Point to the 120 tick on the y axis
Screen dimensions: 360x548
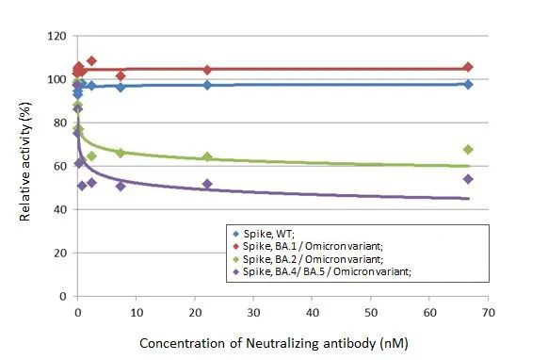56,36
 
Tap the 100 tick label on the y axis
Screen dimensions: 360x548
56,79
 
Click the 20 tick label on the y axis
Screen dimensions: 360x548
59,253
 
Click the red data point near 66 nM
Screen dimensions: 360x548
468,67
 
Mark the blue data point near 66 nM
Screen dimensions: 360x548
468,84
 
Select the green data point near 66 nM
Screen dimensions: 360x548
468,150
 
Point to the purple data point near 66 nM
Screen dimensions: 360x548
468,179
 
